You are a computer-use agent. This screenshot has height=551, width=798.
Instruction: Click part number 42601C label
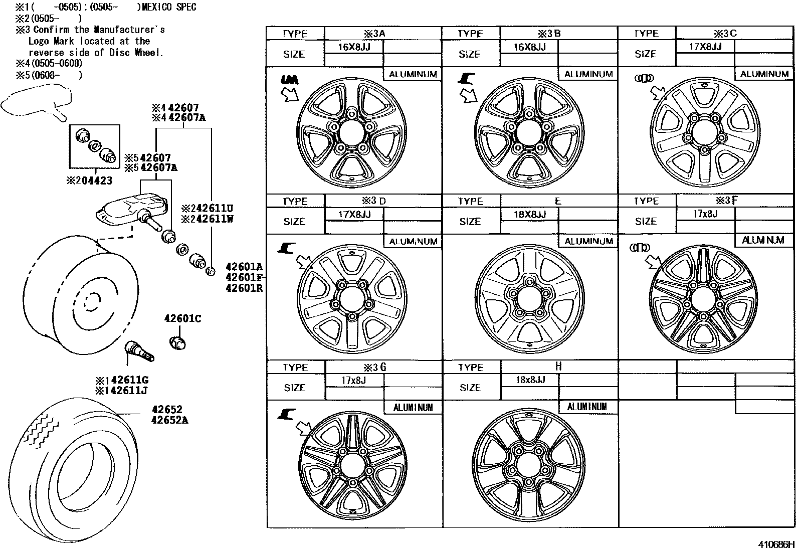click(x=182, y=319)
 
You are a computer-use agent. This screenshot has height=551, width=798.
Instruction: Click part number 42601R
click(x=244, y=288)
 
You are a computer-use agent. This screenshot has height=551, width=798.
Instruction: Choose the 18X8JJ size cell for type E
click(x=529, y=215)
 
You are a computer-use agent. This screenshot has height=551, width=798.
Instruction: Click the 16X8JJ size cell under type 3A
click(x=354, y=47)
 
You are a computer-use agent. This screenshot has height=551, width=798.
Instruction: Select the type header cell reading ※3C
click(x=725, y=34)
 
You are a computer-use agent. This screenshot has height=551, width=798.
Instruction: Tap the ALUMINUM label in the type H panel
click(x=587, y=407)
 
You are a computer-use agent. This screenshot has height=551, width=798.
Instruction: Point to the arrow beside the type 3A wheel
click(x=290, y=94)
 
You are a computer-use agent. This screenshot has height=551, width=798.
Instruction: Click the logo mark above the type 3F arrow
click(x=640, y=248)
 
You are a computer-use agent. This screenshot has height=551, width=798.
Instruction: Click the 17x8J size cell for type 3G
click(x=354, y=381)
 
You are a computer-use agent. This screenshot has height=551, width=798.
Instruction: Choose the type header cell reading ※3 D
click(x=374, y=201)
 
